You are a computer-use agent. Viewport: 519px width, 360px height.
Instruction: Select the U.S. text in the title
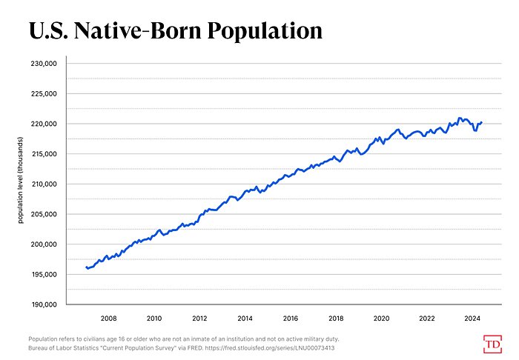click(x=51, y=30)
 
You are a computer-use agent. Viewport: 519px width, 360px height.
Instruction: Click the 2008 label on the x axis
click(x=108, y=318)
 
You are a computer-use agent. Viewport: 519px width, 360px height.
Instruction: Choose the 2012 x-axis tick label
click(x=199, y=318)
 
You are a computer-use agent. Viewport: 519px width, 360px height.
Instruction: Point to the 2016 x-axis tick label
click(x=291, y=318)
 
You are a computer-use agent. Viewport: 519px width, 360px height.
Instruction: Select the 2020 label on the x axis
click(x=382, y=318)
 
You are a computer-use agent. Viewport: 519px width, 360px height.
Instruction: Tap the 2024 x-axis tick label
click(x=472, y=318)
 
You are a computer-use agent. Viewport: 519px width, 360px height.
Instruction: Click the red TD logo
click(x=492, y=344)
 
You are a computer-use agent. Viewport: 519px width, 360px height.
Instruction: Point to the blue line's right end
click(x=482, y=122)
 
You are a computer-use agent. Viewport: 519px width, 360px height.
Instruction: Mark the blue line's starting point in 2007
click(x=86, y=267)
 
